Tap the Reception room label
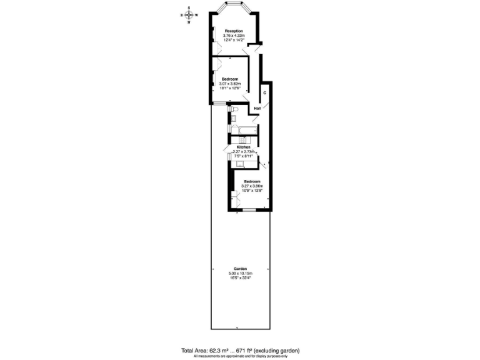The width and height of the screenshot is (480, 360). pyautogui.click(x=234, y=31)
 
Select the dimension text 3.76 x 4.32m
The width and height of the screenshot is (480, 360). pyautogui.click(x=234, y=36)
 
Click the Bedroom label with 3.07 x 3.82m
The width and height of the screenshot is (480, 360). pyautogui.click(x=229, y=79)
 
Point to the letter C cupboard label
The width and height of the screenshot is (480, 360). pyautogui.click(x=264, y=93)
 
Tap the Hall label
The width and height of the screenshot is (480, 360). pyautogui.click(x=257, y=108)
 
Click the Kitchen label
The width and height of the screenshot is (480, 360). pyautogui.click(x=243, y=147)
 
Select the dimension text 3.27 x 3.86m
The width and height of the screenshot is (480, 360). pyautogui.click(x=252, y=186)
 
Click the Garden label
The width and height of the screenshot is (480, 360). pyautogui.click(x=240, y=269)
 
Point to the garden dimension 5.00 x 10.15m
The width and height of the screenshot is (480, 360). pyautogui.click(x=240, y=274)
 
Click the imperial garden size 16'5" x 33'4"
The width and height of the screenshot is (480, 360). pyautogui.click(x=240, y=278)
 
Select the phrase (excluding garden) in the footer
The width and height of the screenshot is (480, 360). pyautogui.click(x=272, y=351)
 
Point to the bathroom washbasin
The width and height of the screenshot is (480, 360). pyautogui.click(x=233, y=119)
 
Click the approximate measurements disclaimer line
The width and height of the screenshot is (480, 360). pyautogui.click(x=240, y=356)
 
